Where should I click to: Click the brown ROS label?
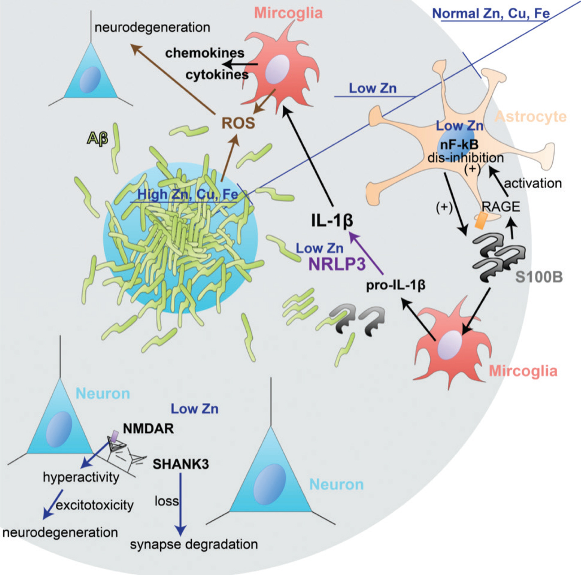[x=238, y=123]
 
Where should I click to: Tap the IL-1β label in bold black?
[x=332, y=221]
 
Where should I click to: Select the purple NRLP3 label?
[x=337, y=264]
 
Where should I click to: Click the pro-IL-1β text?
[x=395, y=285]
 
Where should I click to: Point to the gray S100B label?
[x=539, y=277]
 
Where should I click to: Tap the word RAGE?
[x=501, y=207]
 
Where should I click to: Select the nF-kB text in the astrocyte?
[x=459, y=144]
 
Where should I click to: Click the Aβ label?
[x=98, y=139]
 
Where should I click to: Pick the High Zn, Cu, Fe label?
[x=188, y=194]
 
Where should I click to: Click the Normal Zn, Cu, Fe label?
[x=491, y=14]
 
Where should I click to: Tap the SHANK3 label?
[x=181, y=464]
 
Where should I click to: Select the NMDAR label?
[x=148, y=429]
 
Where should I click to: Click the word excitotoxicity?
[x=95, y=505]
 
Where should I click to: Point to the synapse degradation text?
[x=194, y=544]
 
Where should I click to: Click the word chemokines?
[x=205, y=53]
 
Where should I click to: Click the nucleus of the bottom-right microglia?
[x=449, y=345]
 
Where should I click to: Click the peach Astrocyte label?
[x=531, y=117]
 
